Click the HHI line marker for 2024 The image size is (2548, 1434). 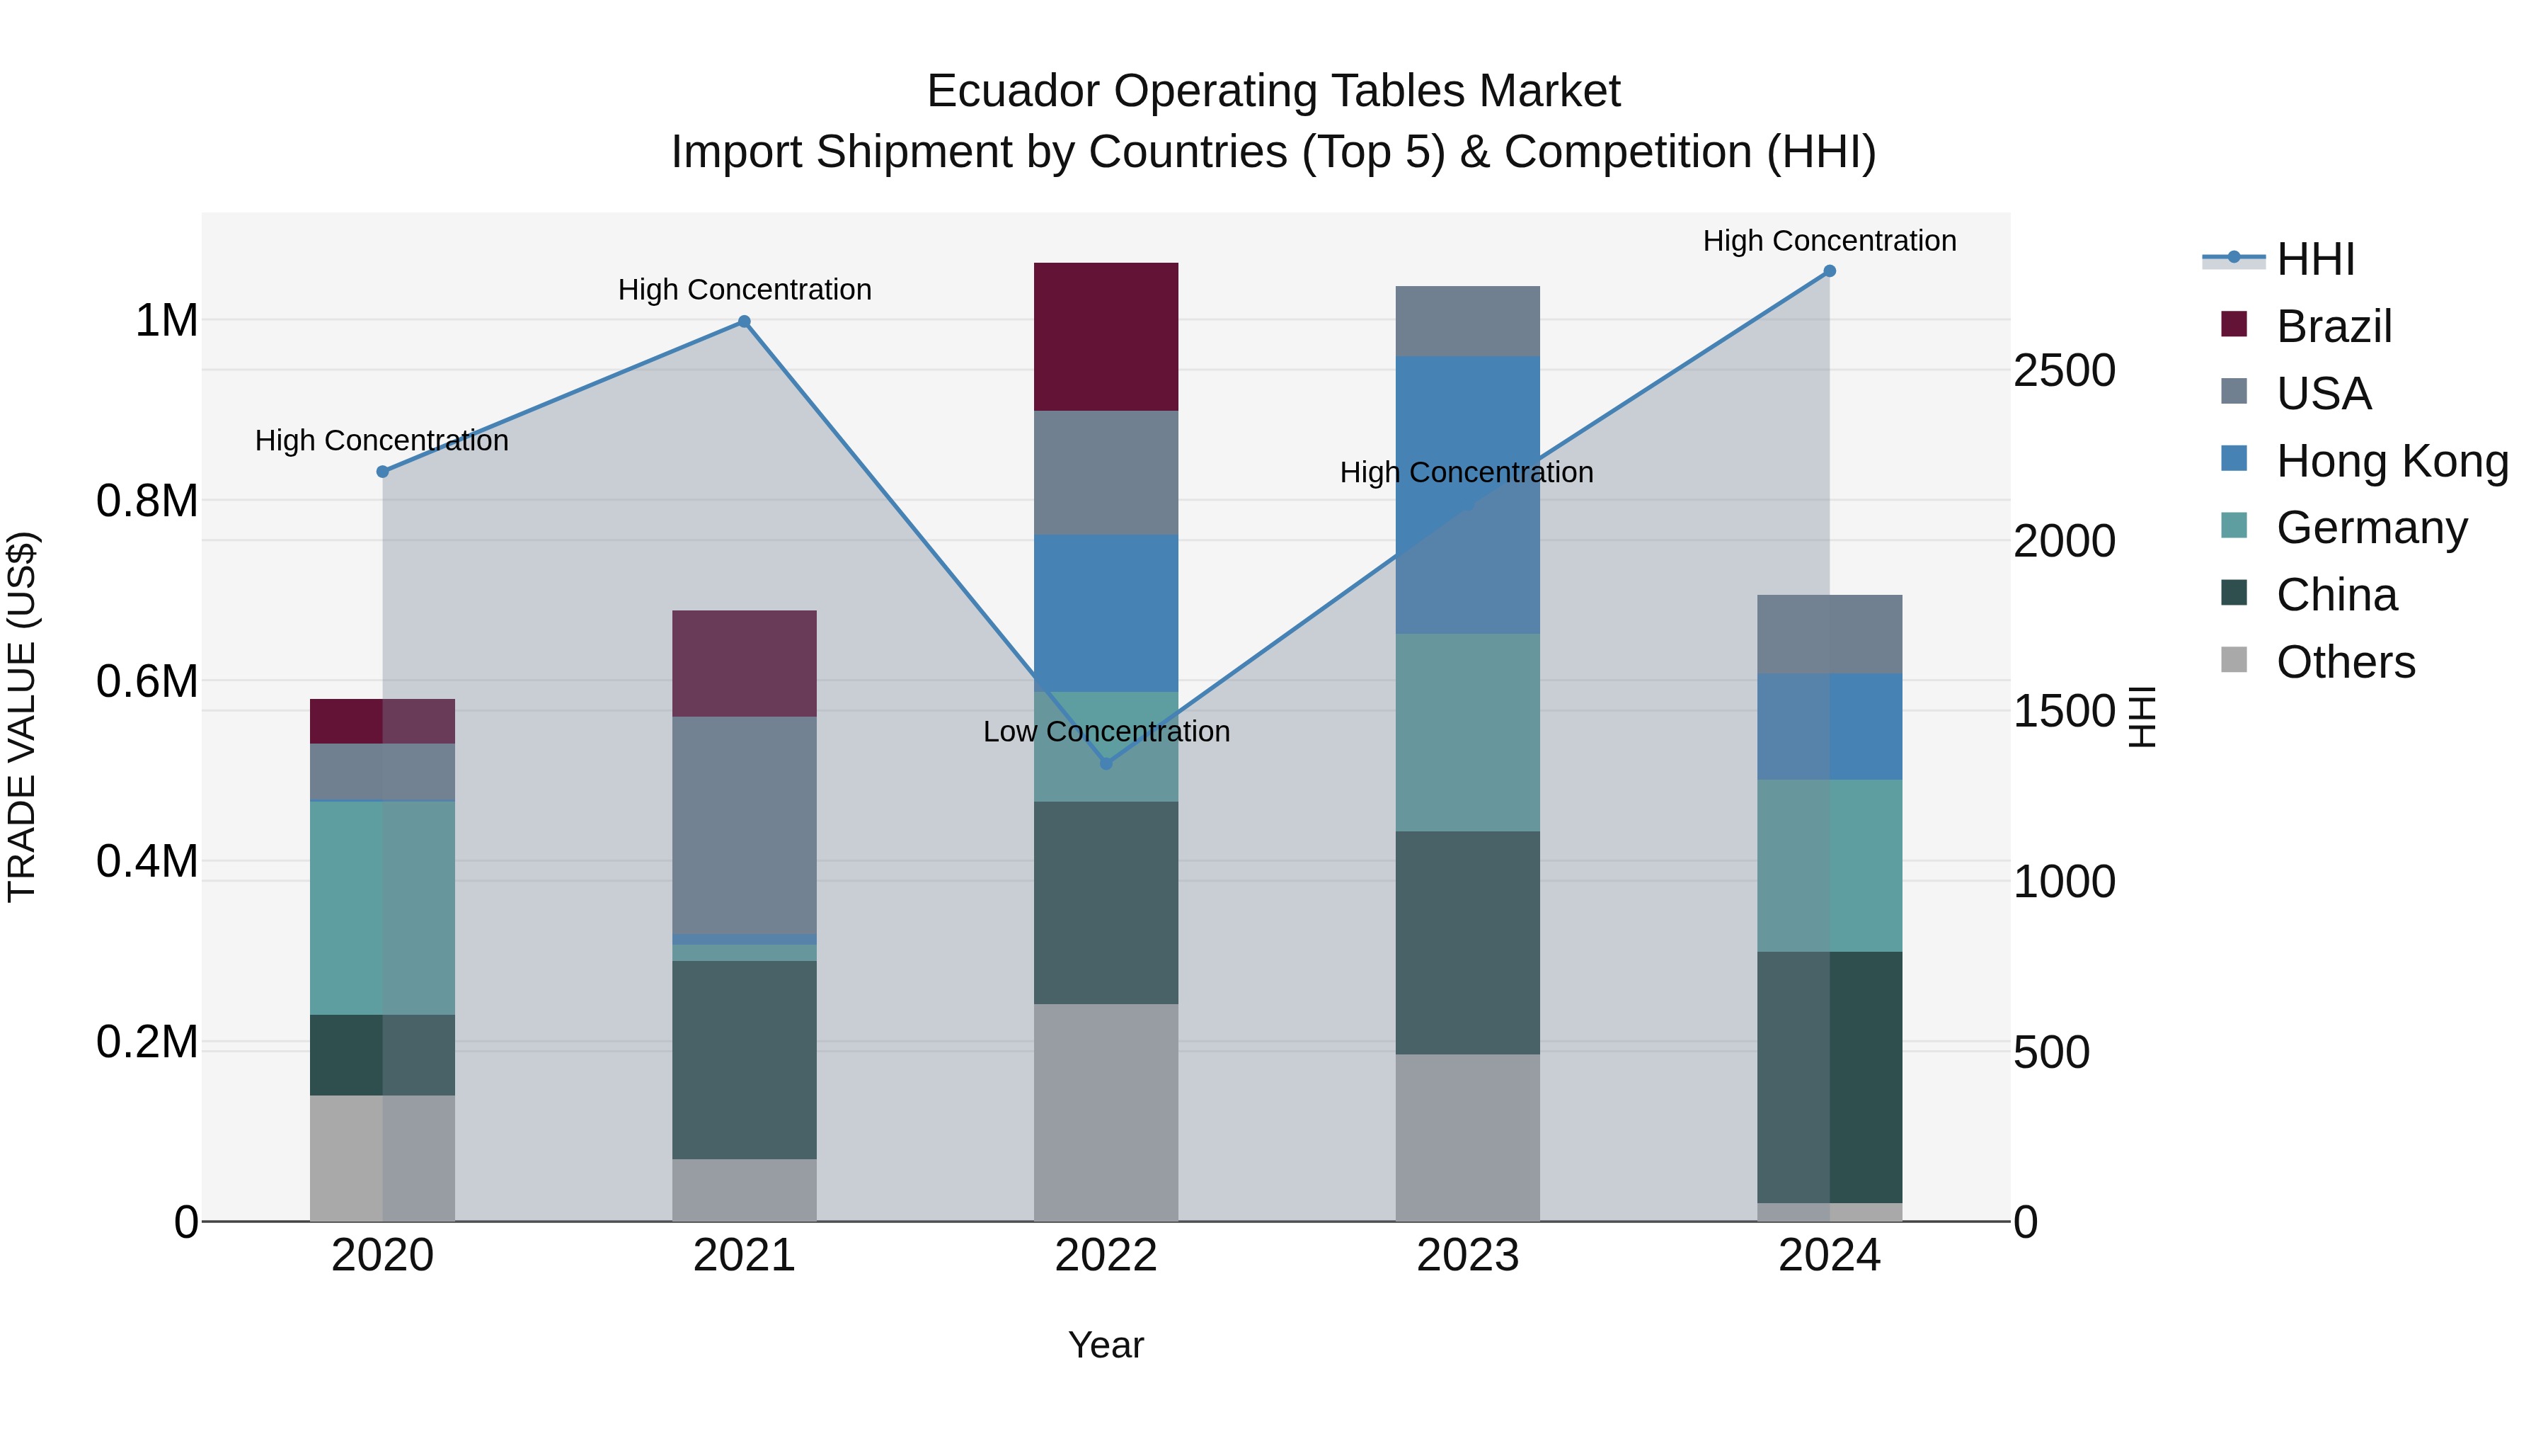pos(1829,271)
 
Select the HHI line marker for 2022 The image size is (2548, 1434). pos(1106,763)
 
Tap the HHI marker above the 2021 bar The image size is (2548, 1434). pos(744,321)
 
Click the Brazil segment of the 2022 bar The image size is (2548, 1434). pos(1106,336)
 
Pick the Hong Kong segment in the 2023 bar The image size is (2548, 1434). pos(1467,495)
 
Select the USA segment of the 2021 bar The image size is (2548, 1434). pos(744,824)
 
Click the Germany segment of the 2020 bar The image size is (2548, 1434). pos(381,908)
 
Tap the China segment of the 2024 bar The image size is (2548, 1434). pos(1829,1076)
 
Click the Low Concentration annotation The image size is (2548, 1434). pos(1106,732)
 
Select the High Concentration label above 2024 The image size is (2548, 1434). pos(1829,241)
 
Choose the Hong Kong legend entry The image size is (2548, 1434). pos(2391,461)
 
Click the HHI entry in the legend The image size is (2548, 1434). pos(2314,259)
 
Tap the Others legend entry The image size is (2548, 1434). pos(2344,662)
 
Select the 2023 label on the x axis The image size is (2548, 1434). pos(1467,1256)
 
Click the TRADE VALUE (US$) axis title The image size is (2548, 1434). pos(23,717)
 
